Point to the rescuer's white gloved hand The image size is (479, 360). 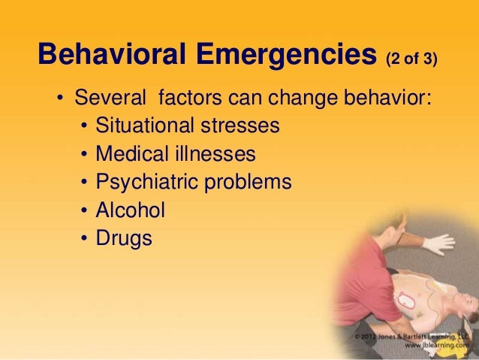pos(438,242)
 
